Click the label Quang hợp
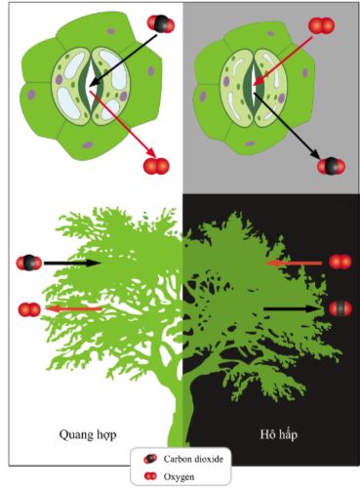(x=88, y=435)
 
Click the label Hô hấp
(x=279, y=434)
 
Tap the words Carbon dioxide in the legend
(x=193, y=459)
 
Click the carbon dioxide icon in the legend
(x=150, y=459)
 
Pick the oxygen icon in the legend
(x=150, y=476)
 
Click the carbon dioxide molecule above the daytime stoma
(x=161, y=24)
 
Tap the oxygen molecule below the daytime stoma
(x=156, y=166)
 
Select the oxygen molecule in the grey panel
(x=321, y=25)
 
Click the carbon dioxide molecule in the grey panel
(x=331, y=166)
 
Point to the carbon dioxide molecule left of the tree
(x=29, y=263)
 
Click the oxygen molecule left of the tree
(x=29, y=309)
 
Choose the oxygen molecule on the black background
(x=340, y=262)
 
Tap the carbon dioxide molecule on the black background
(x=340, y=308)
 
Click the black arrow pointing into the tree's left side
(x=72, y=263)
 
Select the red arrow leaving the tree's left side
(x=74, y=308)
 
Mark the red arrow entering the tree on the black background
(x=294, y=263)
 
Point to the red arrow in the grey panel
(x=283, y=61)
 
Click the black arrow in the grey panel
(x=287, y=127)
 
